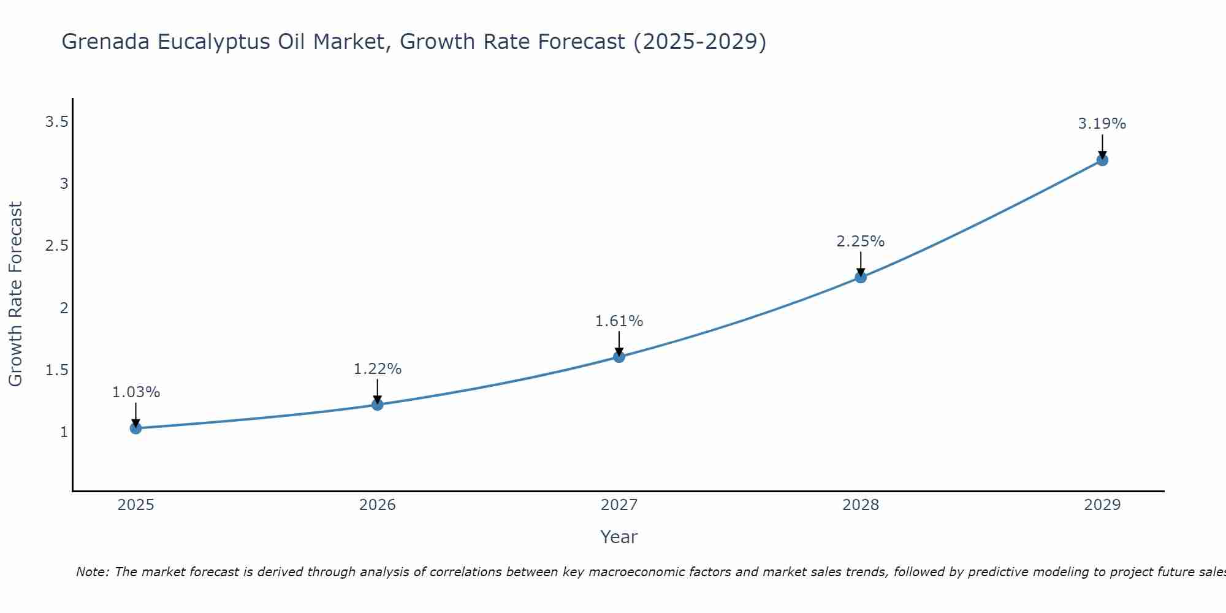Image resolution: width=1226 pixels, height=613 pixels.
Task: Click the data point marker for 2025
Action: click(136, 428)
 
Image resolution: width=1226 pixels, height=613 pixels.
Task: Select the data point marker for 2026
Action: click(378, 405)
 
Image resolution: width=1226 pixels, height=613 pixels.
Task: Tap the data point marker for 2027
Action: click(619, 357)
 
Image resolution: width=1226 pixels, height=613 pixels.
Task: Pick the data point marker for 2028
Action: click(861, 277)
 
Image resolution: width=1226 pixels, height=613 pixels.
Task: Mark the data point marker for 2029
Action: click(1102, 160)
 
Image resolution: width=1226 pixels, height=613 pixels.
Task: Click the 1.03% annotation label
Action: click(136, 392)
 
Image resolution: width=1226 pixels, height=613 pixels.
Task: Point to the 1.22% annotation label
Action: click(378, 369)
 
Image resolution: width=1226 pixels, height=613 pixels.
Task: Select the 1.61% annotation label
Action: click(619, 321)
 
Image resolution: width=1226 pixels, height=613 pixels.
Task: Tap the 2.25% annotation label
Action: click(861, 242)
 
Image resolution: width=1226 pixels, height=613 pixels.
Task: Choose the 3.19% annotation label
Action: click(1102, 124)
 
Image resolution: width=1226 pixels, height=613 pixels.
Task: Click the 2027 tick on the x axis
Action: click(619, 505)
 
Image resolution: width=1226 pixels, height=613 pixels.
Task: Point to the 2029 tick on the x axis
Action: click(1102, 505)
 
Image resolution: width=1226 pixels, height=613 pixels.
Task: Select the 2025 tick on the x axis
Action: click(136, 505)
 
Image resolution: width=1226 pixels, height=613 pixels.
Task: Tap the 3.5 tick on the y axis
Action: click(56, 122)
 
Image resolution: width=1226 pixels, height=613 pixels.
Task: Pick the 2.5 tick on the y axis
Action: click(56, 246)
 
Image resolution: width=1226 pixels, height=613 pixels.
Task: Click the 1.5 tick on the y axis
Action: click(56, 370)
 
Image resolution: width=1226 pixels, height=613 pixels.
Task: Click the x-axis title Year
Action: click(619, 537)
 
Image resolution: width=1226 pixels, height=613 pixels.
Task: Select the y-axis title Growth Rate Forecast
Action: click(15, 294)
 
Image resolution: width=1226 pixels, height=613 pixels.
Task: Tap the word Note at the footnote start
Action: click(91, 572)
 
